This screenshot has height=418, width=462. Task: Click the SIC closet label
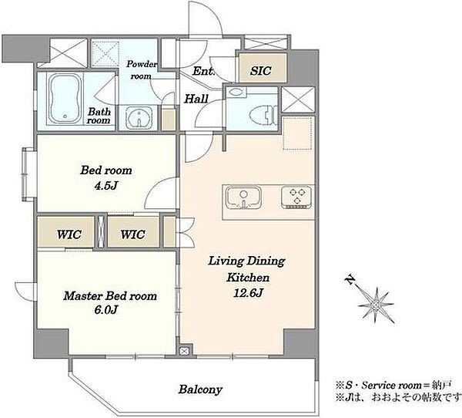click(x=261, y=70)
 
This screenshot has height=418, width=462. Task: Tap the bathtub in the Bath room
click(x=65, y=99)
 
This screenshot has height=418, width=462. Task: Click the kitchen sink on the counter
click(x=243, y=197)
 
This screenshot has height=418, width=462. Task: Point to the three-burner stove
click(x=296, y=197)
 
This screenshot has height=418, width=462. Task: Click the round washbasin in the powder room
click(x=139, y=118)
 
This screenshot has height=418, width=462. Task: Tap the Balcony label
click(x=200, y=389)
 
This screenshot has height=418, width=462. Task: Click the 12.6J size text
click(x=248, y=292)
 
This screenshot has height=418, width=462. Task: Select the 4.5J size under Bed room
click(x=106, y=185)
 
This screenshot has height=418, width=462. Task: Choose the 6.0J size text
click(x=106, y=309)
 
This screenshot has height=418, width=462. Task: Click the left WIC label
click(x=69, y=234)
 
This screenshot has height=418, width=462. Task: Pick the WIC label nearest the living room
click(x=132, y=234)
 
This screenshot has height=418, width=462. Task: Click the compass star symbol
click(x=376, y=305)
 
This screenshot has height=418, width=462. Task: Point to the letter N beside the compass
click(x=350, y=279)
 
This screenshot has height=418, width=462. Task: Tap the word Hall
click(x=196, y=99)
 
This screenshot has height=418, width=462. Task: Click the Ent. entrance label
click(x=203, y=71)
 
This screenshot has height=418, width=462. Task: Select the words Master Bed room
click(x=110, y=296)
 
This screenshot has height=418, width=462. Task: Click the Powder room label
click(x=142, y=70)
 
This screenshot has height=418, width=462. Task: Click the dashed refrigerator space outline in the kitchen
click(x=297, y=133)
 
